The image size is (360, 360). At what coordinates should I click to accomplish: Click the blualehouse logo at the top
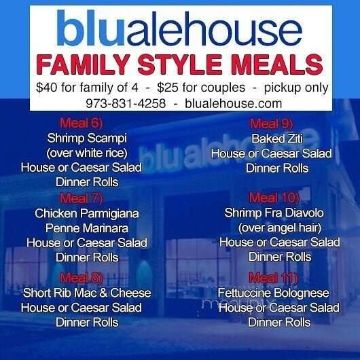[180, 30]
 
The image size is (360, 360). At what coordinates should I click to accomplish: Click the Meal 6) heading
[82, 124]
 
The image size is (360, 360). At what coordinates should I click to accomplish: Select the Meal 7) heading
[81, 199]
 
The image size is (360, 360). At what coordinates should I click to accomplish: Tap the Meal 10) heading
[274, 199]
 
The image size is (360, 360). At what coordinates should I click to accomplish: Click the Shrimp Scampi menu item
[82, 139]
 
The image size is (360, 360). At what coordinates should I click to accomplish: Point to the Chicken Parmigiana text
[87, 213]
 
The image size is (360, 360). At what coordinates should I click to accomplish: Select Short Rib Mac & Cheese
[87, 293]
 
